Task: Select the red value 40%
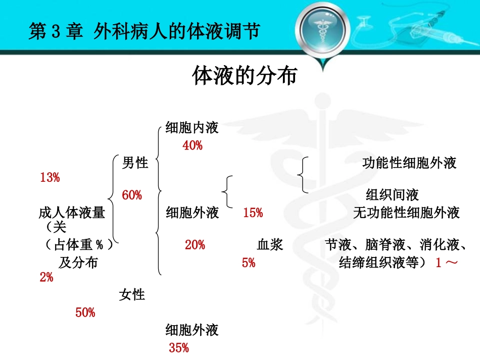tap(193, 146)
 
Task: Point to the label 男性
tap(135, 163)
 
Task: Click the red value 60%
tap(132, 195)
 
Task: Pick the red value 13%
tap(50, 178)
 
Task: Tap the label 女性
tap(132, 295)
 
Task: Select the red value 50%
tap(85, 313)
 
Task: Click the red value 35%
tap(179, 348)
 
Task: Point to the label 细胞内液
tap(192, 128)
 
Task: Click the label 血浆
tap(270, 245)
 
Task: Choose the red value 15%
tap(253, 213)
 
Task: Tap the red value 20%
tap(195, 245)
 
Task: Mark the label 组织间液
tap(393, 195)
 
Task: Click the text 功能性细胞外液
tap(409, 163)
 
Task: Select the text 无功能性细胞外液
tap(406, 213)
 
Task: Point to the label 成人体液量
tap(72, 213)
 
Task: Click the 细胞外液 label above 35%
tap(192, 330)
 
